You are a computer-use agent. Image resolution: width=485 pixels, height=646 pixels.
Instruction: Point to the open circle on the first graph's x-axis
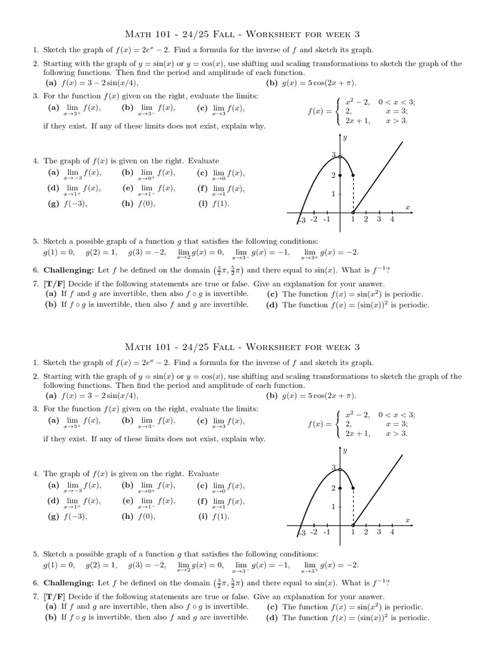coord(353,212)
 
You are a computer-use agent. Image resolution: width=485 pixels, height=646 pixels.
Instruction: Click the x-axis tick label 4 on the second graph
coord(392,532)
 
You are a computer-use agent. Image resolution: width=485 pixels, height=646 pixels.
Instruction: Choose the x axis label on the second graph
coord(407,520)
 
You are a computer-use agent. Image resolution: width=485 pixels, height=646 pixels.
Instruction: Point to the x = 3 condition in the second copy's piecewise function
coord(397,424)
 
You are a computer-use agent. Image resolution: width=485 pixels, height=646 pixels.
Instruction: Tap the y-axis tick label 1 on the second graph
coord(333,507)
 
